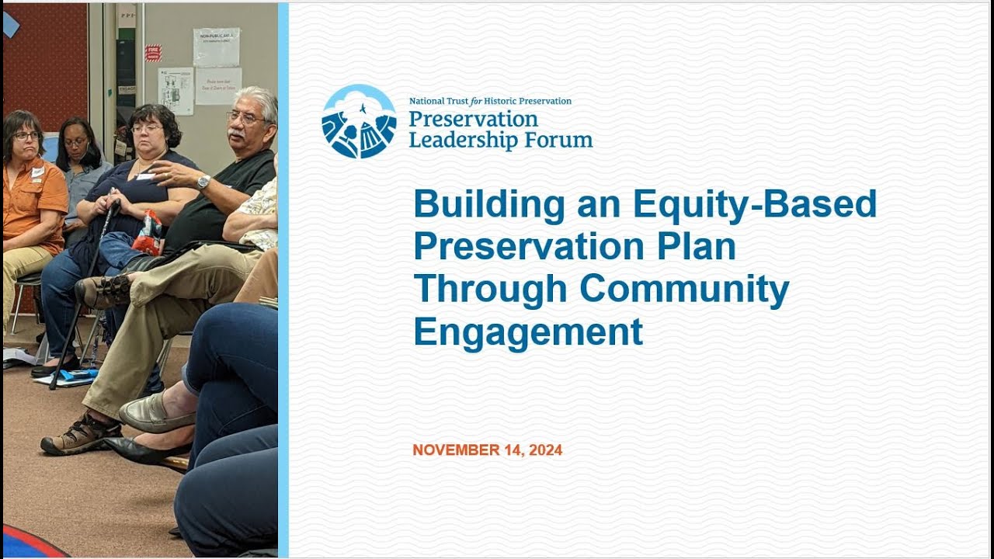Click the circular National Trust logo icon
359,121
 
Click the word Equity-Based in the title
754,204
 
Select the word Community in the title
684,289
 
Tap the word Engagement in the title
527,332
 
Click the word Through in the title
490,289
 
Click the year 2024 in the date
546,450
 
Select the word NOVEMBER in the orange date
455,450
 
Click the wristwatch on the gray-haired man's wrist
203,182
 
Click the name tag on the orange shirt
37,173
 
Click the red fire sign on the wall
153,53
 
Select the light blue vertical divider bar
283,279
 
